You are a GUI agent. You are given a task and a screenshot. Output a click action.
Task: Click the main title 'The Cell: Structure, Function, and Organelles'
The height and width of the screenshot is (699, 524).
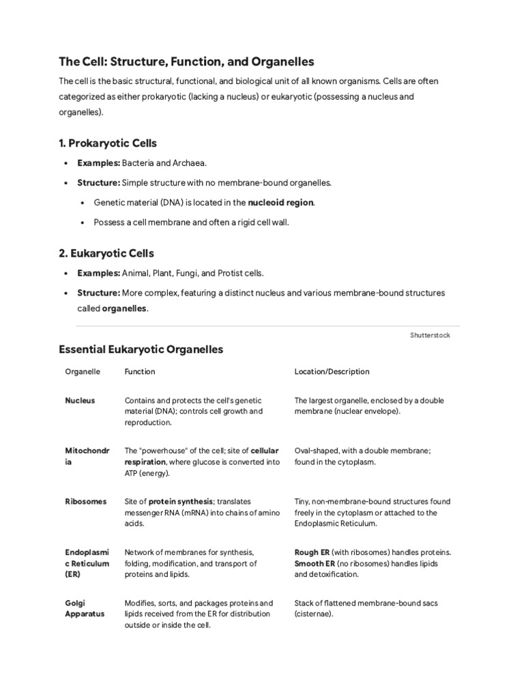click(x=186, y=61)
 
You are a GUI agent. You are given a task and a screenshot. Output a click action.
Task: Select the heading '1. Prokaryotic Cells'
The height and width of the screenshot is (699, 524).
click(x=108, y=143)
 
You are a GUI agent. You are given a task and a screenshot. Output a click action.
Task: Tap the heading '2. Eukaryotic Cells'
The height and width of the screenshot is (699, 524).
click(x=106, y=253)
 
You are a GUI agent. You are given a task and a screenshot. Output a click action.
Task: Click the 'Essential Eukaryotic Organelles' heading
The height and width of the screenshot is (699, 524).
click(x=141, y=349)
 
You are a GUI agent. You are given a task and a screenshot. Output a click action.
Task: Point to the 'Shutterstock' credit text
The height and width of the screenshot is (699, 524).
click(x=430, y=335)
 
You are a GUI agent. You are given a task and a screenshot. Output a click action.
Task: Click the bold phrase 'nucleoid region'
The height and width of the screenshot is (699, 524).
click(x=281, y=203)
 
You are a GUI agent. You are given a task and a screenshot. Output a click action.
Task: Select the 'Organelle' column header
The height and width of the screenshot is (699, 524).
click(x=83, y=371)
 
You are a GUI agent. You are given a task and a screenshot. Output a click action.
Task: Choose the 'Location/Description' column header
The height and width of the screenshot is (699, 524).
click(x=332, y=371)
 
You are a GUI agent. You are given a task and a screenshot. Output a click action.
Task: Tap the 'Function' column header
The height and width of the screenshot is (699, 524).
click(x=139, y=371)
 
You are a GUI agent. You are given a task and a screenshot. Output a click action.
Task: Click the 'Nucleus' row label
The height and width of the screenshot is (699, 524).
click(x=80, y=401)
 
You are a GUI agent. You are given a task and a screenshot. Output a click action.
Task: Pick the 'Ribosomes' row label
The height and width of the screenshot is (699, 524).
click(x=85, y=502)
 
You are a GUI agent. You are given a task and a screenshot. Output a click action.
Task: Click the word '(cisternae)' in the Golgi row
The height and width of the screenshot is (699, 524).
click(x=314, y=614)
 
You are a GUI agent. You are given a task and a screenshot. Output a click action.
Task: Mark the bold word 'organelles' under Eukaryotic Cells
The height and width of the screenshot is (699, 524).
click(x=123, y=309)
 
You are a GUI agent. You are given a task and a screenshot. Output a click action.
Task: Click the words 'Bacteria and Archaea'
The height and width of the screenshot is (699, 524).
click(x=163, y=163)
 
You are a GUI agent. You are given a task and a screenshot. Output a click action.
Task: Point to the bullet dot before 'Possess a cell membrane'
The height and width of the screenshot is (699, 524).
click(x=83, y=223)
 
